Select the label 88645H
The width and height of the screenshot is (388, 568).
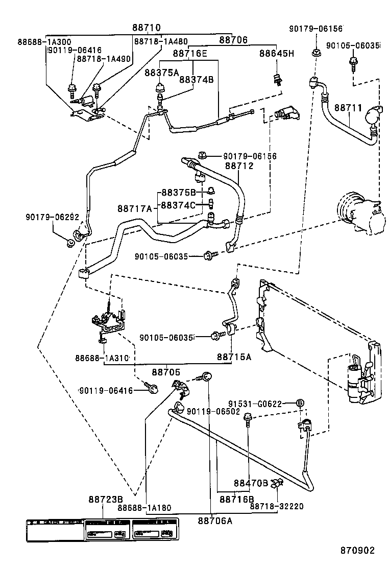[277, 53]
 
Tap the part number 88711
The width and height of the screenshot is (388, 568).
[348, 108]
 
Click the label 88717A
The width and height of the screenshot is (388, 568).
[135, 208]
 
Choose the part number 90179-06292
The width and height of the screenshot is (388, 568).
[53, 217]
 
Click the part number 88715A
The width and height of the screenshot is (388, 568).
[234, 357]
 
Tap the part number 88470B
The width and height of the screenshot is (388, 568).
[251, 483]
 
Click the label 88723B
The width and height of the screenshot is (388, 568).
[106, 499]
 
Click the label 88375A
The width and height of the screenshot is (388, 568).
[161, 73]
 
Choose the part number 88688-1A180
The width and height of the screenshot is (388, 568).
[144, 508]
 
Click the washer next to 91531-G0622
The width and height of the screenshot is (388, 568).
[301, 404]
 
